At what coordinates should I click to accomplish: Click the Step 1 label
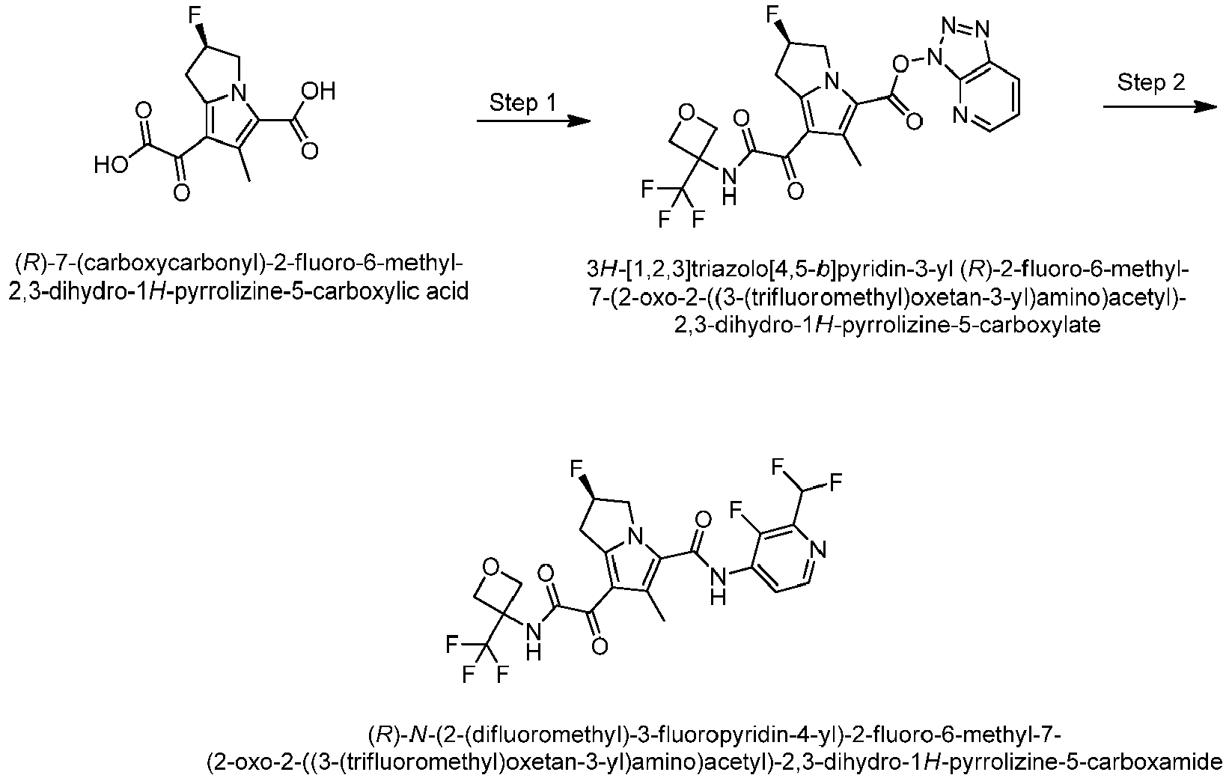[x=522, y=103]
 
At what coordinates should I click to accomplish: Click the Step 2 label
[x=1151, y=82]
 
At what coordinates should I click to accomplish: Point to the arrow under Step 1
[x=534, y=121]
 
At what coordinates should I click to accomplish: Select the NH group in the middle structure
[x=728, y=186]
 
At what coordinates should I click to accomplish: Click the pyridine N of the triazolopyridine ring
[x=960, y=115]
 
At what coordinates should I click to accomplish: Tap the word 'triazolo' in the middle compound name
[x=728, y=270]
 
